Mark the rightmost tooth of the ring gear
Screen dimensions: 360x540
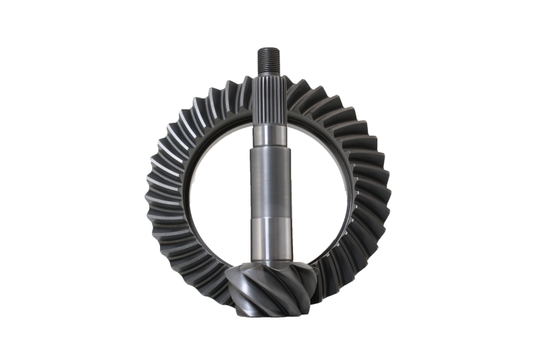389,196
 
